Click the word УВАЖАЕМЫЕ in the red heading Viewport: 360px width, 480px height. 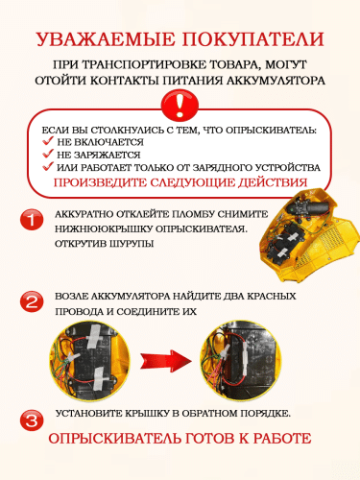[105, 39]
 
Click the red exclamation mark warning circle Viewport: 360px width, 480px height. [180, 104]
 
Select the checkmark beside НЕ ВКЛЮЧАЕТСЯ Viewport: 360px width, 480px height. [48, 141]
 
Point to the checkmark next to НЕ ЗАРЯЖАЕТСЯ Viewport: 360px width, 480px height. [48, 154]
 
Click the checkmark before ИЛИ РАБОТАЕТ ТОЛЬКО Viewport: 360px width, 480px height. [48, 166]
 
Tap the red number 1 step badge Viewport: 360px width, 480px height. [32, 220]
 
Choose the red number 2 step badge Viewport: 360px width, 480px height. [32, 301]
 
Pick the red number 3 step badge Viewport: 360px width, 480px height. [32, 420]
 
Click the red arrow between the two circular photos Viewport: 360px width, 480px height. [165, 361]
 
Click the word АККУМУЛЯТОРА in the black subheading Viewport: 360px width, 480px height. [276, 81]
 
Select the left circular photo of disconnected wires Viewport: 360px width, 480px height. [89, 361]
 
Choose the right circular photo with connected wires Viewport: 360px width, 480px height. [241, 361]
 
